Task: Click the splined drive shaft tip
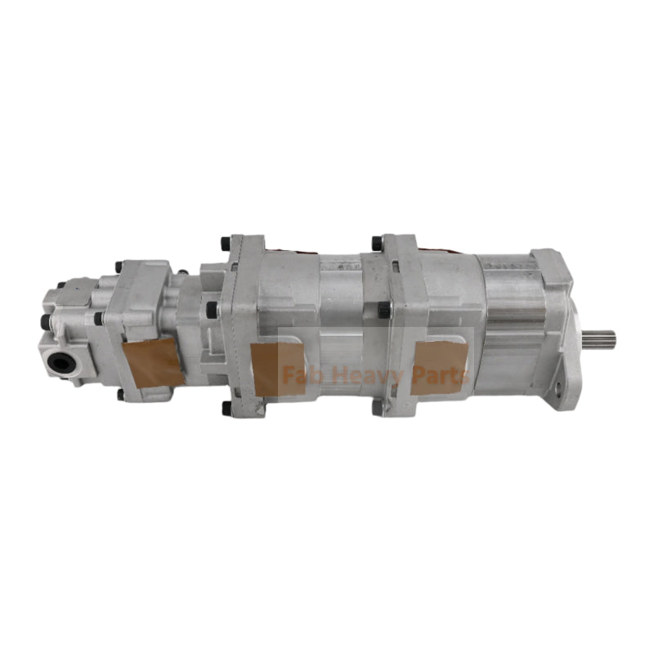point(600,335)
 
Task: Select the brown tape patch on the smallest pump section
point(153,364)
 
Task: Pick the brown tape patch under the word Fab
point(276,369)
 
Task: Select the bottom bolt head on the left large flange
point(226,406)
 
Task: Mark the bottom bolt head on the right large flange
point(377,405)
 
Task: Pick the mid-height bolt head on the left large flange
point(213,309)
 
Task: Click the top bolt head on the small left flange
point(119,267)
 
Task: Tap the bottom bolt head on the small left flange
point(121,395)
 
